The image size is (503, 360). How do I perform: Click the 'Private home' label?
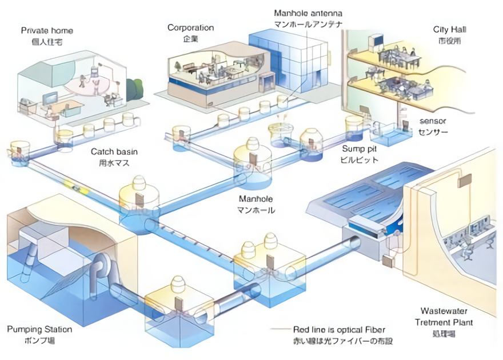pyautogui.click(x=47, y=30)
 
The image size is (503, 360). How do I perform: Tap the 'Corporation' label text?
pyautogui.click(x=190, y=27)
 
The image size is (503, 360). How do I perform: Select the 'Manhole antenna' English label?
pyautogui.click(x=308, y=13)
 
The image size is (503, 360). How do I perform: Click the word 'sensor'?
pyautogui.click(x=433, y=121)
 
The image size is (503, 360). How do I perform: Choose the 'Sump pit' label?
pyautogui.click(x=358, y=148)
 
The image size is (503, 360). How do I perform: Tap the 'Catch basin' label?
pyautogui.click(x=114, y=152)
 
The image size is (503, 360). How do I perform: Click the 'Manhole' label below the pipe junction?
pyautogui.click(x=256, y=199)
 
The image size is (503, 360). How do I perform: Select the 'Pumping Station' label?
pyautogui.click(x=39, y=329)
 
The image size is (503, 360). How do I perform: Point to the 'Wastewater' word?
pyautogui.click(x=444, y=311)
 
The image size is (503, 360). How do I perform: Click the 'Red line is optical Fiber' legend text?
pyautogui.click(x=339, y=330)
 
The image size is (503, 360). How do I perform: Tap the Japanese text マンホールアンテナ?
pyautogui.click(x=308, y=24)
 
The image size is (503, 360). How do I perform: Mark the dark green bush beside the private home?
pyautogui.click(x=135, y=89)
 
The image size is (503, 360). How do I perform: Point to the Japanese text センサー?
pyautogui.click(x=433, y=133)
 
